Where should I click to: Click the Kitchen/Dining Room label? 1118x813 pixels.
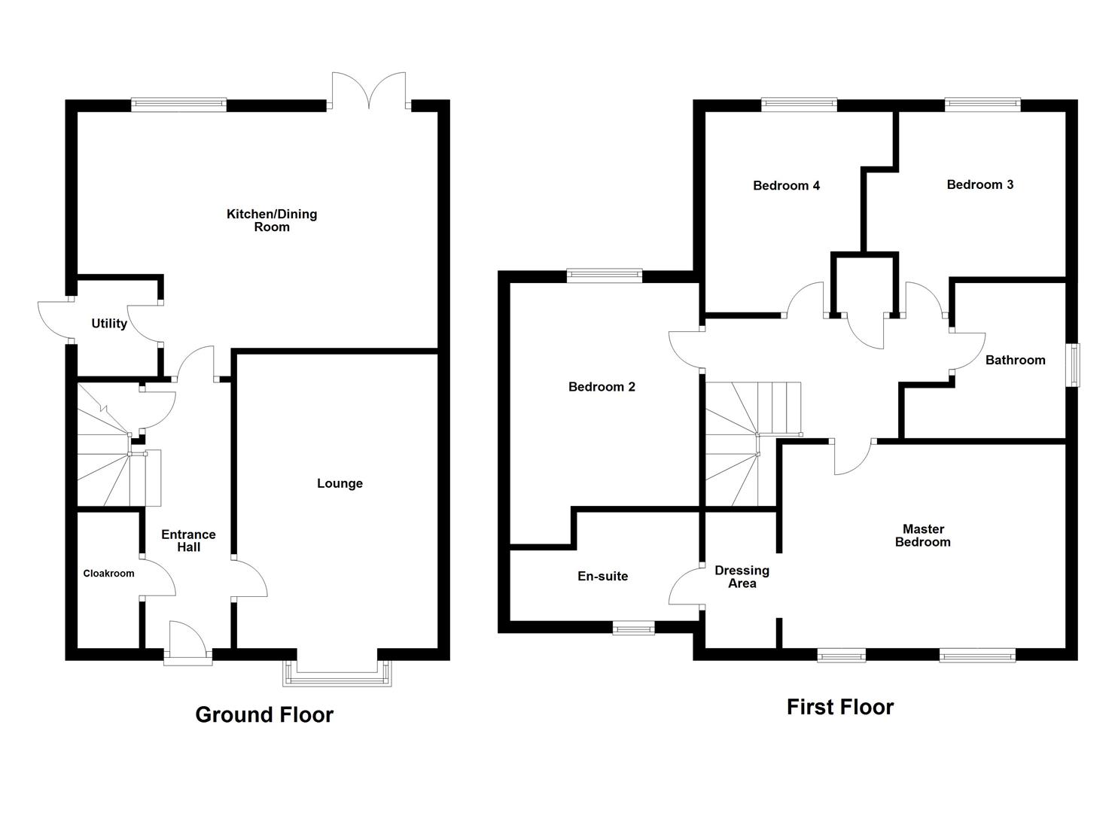(272, 220)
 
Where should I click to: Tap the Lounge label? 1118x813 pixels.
(340, 483)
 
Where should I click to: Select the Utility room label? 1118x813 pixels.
(109, 324)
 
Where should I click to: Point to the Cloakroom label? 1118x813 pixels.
(108, 574)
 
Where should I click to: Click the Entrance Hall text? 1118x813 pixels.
(188, 540)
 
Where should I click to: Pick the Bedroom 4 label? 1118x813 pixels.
(786, 185)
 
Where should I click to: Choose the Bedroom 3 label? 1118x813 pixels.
(979, 184)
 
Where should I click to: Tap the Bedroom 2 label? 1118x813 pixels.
(602, 387)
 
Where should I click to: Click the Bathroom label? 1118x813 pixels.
(1015, 360)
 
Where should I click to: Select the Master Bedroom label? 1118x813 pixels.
(922, 535)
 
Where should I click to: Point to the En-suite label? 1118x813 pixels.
(602, 576)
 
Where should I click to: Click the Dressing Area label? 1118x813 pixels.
(742, 577)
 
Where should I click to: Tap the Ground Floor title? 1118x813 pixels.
(264, 714)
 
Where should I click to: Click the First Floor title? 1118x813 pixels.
(839, 707)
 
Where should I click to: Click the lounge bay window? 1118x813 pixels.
(337, 674)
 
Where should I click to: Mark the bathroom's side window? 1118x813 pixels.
(1074, 365)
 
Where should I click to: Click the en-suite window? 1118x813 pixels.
(633, 627)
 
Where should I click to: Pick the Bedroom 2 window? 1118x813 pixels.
(604, 276)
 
